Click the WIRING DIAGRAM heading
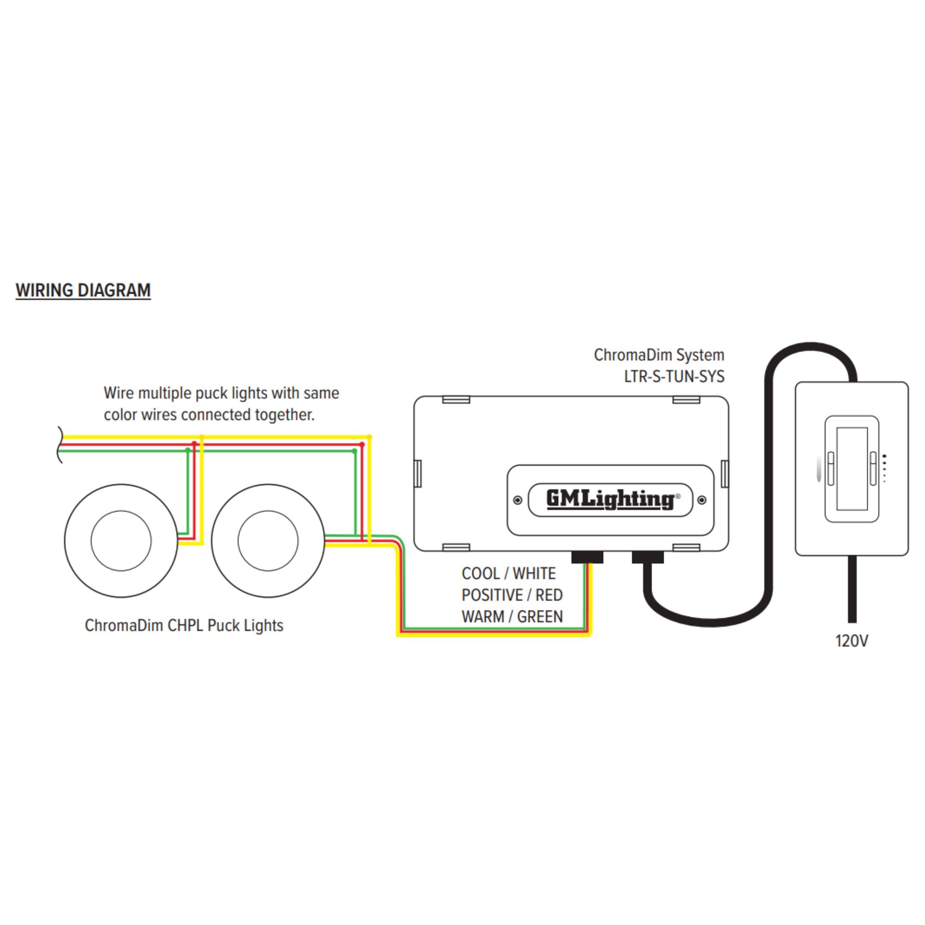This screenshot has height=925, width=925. click(83, 290)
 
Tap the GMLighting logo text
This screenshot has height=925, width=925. click(610, 500)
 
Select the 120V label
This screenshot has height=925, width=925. click(851, 641)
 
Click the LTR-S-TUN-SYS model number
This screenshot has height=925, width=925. click(674, 377)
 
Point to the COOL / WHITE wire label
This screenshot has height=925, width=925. click(508, 573)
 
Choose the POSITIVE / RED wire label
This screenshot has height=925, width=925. click(512, 595)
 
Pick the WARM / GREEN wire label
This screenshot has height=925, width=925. click(512, 617)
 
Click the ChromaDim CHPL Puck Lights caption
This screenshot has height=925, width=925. click(184, 626)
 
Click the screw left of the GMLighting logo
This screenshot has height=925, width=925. click(518, 500)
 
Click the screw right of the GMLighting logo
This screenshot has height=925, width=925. click(702, 500)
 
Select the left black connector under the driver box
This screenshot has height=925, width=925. click(587, 557)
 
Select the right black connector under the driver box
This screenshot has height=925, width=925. click(648, 557)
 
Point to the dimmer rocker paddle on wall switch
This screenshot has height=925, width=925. click(852, 469)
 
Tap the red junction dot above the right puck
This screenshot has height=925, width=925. click(362, 444)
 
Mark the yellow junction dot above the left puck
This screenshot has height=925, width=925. click(202, 437)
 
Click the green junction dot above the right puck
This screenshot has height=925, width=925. click(354, 451)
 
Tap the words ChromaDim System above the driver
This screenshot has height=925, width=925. click(659, 356)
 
